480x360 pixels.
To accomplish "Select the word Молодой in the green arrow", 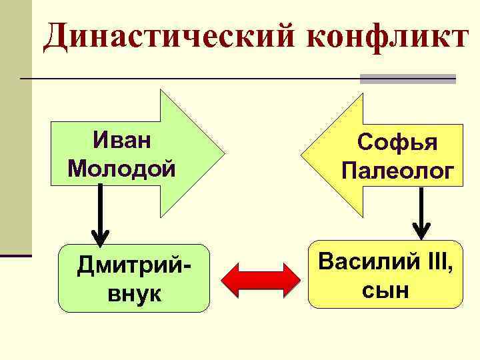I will [x=122, y=167].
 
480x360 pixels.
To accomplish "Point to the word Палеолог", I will [x=398, y=171].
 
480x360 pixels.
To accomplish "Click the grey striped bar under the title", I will [x=407, y=79].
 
